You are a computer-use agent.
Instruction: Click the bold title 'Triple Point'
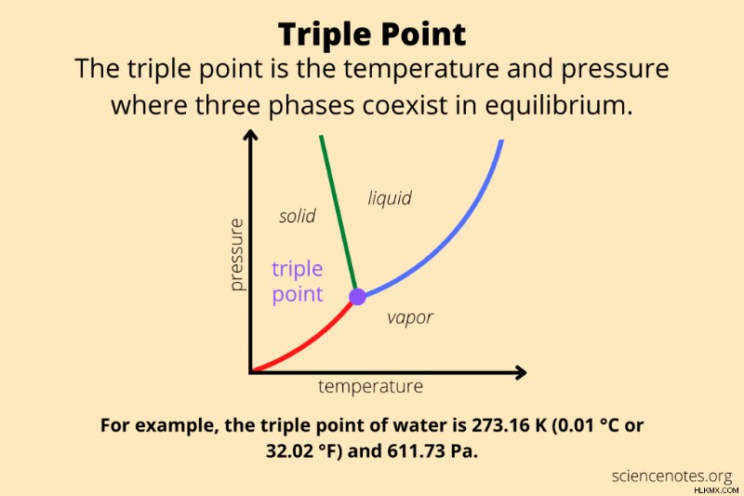coord(372,35)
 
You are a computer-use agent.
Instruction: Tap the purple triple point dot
coord(357,297)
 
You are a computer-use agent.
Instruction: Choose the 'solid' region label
coord(297,216)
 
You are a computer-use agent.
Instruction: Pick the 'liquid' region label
coord(390,197)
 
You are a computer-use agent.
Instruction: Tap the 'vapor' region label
coord(410,317)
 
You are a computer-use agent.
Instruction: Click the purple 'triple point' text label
coord(298,281)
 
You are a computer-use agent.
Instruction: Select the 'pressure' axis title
coord(236,254)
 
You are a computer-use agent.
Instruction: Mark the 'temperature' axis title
coord(370,386)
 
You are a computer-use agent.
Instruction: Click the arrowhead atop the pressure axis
coord(250,135)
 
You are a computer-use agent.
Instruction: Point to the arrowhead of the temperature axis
coord(521,372)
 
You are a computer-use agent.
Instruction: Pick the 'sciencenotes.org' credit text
coord(671,476)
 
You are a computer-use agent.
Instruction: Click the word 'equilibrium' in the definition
coord(559,105)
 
